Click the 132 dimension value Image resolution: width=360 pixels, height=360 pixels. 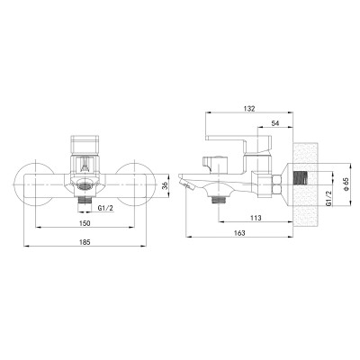(x=249, y=109)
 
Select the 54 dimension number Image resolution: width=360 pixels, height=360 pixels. (x=275, y=123)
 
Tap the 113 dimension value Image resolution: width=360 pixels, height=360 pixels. (x=256, y=218)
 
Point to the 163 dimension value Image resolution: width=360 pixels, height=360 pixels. (x=239, y=233)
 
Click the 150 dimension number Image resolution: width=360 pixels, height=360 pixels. (x=85, y=223)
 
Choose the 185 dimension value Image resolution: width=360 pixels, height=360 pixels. (x=85, y=242)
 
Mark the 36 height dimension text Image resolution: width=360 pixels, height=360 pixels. (x=165, y=186)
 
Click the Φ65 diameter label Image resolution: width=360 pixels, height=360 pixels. (x=346, y=184)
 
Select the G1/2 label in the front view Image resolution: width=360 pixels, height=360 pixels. (x=106, y=208)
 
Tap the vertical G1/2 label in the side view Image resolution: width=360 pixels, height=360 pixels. (x=328, y=198)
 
